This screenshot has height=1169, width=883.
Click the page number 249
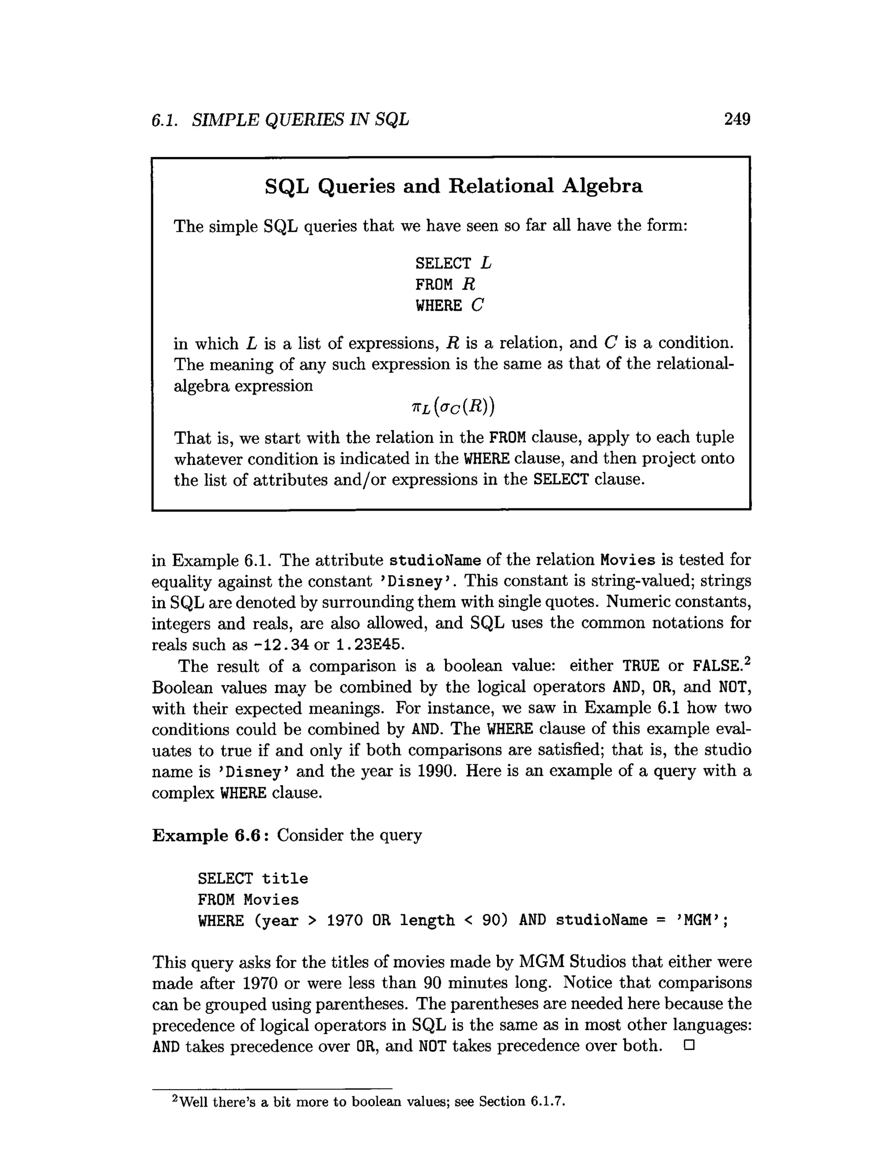click(x=736, y=119)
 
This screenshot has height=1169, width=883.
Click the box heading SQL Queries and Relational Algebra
click(x=453, y=186)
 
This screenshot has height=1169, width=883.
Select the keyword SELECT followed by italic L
click(x=453, y=263)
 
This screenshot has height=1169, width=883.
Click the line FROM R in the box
click(x=445, y=285)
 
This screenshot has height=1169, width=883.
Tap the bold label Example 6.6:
click(x=210, y=835)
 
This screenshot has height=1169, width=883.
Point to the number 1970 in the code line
click(x=344, y=921)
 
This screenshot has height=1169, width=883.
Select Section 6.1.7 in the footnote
click(x=522, y=1101)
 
